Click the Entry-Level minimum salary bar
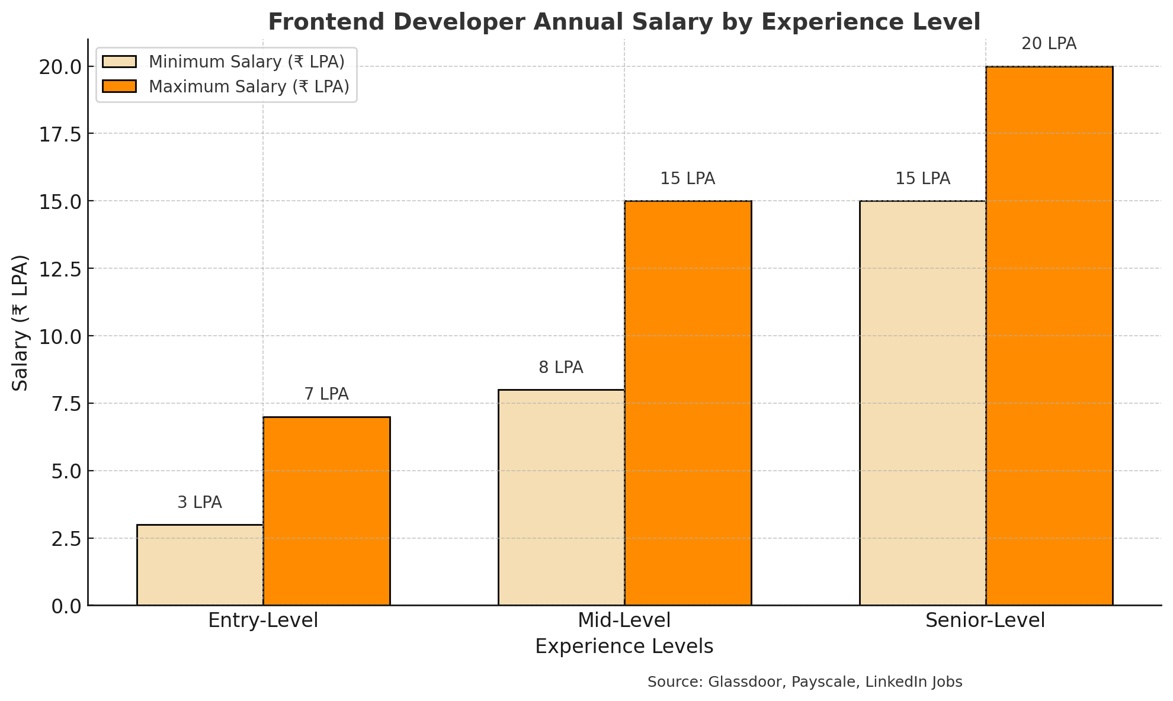[x=200, y=565]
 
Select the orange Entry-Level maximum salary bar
[x=326, y=511]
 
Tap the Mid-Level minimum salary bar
[x=561, y=497]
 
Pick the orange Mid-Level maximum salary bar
[x=688, y=403]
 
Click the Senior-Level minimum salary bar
[x=922, y=403]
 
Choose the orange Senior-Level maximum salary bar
[x=1049, y=336]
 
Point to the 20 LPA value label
[x=1049, y=44]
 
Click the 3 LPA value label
[x=200, y=503]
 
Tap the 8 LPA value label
[x=561, y=368]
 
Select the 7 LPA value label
[x=326, y=394]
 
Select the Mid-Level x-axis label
[x=624, y=620]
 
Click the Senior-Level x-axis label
[x=985, y=620]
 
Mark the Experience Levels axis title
[x=624, y=647]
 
